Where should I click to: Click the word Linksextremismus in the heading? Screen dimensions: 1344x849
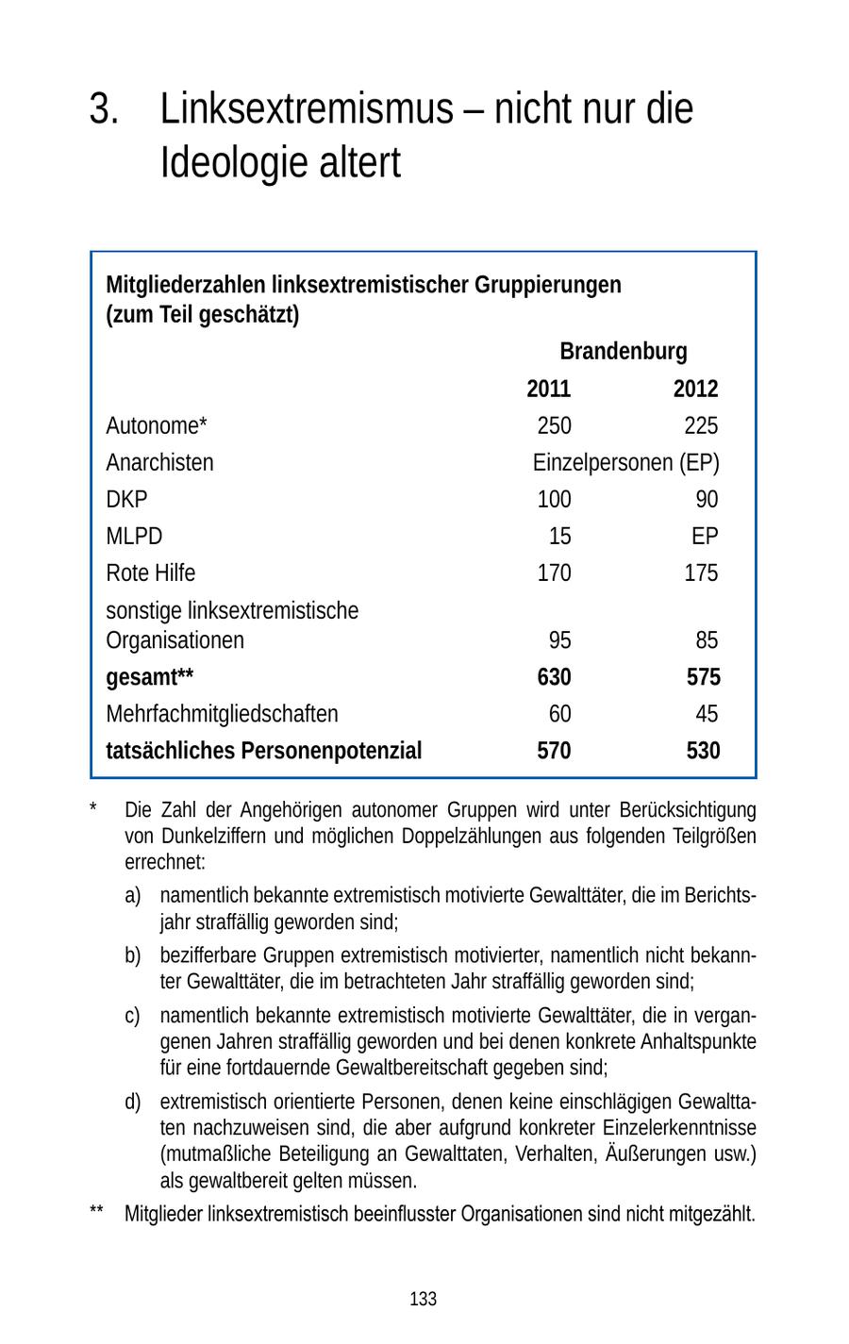click(307, 109)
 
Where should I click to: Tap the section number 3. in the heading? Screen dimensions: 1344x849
click(104, 109)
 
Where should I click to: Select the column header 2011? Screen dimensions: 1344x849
click(548, 389)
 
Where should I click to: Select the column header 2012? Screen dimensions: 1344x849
click(695, 389)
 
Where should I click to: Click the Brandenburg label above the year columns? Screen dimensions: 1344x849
click(623, 352)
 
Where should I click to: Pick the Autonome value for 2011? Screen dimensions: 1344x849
click(554, 425)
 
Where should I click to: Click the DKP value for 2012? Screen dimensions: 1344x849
click(706, 499)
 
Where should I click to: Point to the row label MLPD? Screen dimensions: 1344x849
click(134, 536)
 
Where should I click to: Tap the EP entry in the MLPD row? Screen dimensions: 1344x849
click(704, 536)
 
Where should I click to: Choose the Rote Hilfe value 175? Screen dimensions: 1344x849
click(700, 572)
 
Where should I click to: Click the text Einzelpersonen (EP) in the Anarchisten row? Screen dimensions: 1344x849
click(625, 462)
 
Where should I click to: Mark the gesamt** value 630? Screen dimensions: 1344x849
click(554, 677)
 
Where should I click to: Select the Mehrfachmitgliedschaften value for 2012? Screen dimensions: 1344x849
click(706, 714)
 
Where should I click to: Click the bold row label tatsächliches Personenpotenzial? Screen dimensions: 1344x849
click(263, 751)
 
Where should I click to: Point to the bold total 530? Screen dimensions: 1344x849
click(703, 751)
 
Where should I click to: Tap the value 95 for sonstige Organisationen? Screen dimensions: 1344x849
click(559, 640)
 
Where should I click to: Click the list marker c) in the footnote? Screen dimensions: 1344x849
click(132, 1016)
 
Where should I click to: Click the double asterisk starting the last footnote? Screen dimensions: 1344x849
click(96, 1214)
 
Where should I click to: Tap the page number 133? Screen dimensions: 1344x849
click(423, 1299)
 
